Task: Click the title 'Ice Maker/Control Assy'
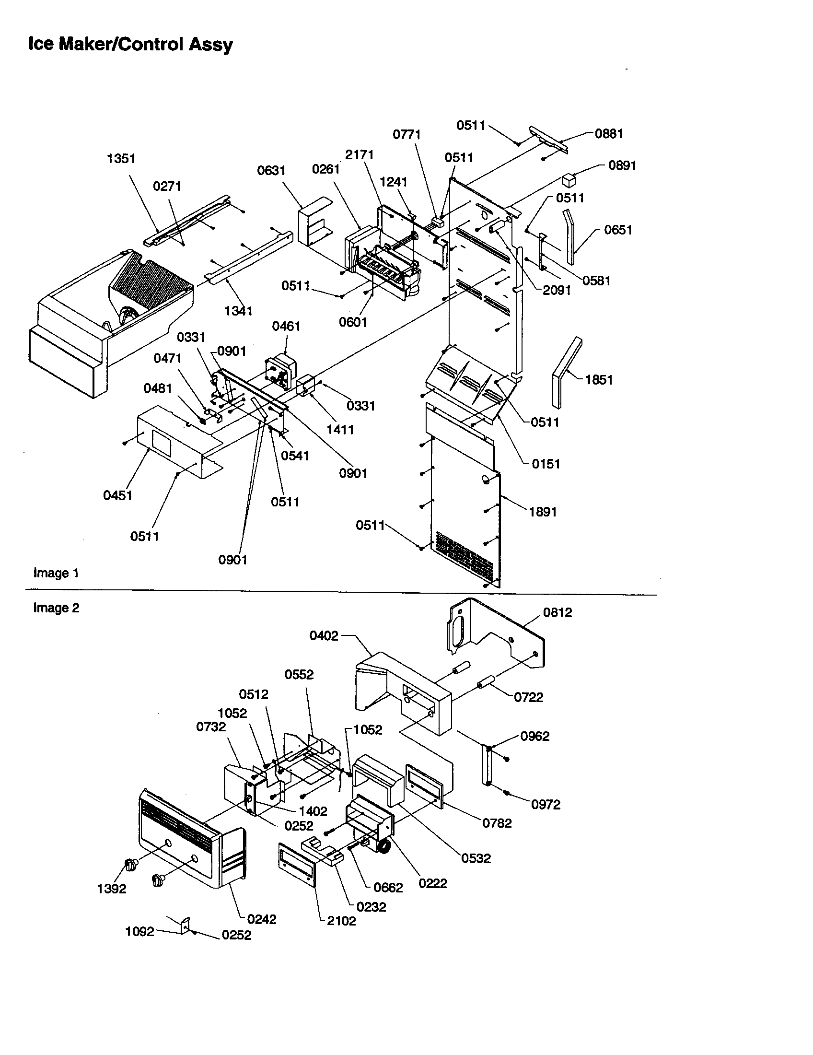point(130,45)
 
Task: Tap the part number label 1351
point(121,158)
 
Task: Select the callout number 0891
point(622,166)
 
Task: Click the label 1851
point(599,380)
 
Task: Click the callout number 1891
point(543,512)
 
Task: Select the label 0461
point(286,327)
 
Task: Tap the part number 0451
point(117,496)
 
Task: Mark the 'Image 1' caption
point(56,574)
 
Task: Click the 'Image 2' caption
point(56,608)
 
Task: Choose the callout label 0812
point(557,612)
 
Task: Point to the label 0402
point(324,636)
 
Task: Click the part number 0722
point(528,698)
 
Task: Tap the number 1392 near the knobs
point(112,889)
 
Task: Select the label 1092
point(139,932)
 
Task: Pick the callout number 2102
point(341,921)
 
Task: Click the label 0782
point(497,823)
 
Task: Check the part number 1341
point(238,311)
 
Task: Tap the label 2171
point(359,155)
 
